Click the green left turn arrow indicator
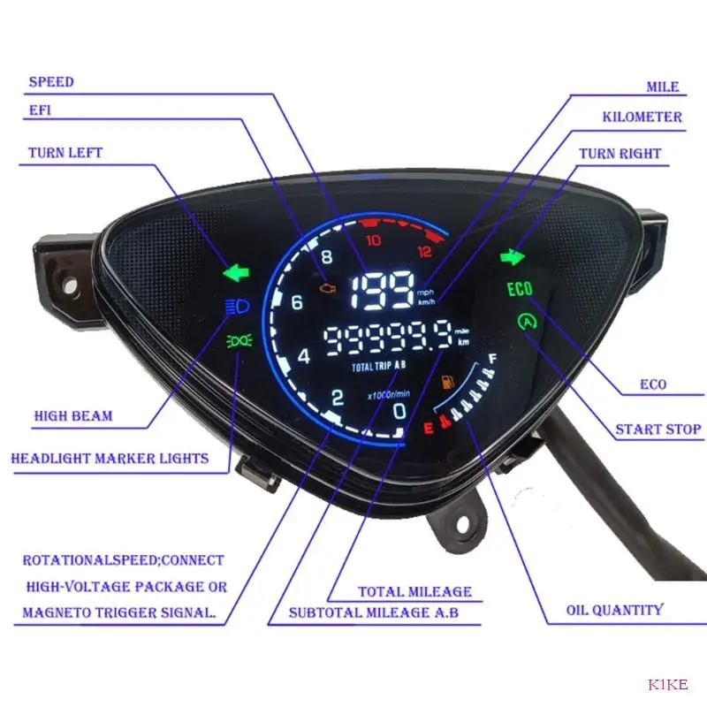(237, 272)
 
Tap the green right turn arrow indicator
(512, 257)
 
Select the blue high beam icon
(238, 307)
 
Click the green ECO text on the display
(521, 290)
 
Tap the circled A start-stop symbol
(528, 323)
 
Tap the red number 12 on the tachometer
(424, 251)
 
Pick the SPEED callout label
(51, 82)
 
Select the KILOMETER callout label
(642, 117)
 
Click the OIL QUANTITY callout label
(614, 610)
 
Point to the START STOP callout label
(658, 430)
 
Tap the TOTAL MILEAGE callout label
(414, 591)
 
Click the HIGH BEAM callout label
(73, 415)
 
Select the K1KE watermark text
(668, 683)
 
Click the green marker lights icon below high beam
(238, 339)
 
